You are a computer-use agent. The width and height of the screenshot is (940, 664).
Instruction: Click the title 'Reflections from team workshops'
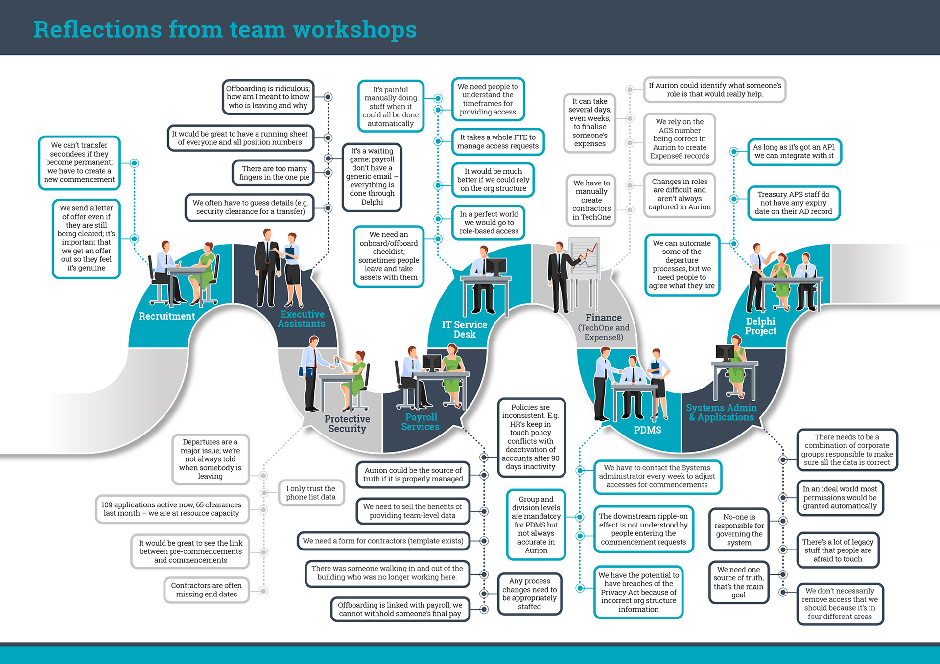225,29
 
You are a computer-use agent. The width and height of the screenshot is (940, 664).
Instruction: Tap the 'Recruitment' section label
166,316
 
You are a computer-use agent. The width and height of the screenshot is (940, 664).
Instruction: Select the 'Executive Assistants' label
302,319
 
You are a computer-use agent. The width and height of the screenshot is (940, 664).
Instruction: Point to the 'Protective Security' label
347,424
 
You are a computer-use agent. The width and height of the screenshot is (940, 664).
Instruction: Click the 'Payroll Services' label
421,422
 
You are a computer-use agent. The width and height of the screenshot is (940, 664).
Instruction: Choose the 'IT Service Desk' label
464,329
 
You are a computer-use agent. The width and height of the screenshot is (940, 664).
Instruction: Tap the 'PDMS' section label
647,430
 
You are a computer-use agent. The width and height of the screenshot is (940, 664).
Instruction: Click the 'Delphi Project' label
760,326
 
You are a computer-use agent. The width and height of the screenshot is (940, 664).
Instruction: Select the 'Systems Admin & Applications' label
721,412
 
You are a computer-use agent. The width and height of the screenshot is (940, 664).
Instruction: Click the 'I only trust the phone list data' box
311,493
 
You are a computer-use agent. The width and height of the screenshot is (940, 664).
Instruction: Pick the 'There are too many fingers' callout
274,173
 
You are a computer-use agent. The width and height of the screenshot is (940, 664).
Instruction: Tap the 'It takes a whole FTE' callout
497,141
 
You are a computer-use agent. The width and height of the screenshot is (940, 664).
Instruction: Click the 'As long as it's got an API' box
794,151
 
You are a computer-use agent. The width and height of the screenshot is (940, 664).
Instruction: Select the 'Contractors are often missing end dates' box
206,590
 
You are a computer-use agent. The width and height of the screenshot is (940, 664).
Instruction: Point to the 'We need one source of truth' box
738,582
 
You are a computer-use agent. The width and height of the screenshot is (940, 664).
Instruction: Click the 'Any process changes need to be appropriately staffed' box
529,594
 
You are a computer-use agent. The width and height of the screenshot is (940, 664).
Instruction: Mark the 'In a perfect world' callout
489,223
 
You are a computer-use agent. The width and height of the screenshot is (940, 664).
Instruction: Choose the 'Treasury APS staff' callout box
793,203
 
